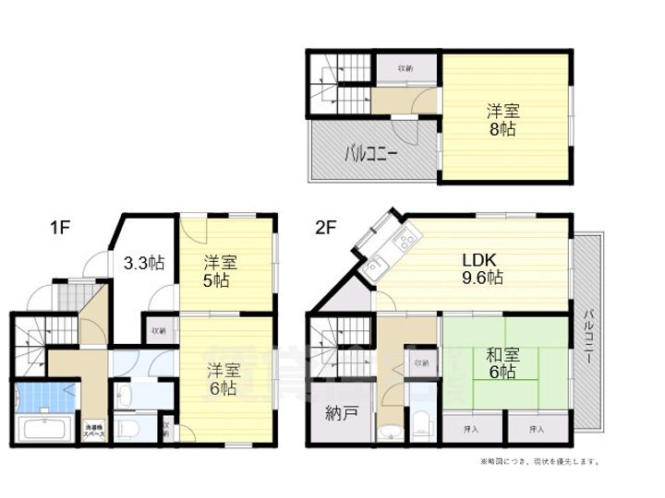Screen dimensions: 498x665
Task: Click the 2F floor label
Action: coord(324,225)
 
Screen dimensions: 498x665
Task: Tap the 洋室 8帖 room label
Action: coord(503,120)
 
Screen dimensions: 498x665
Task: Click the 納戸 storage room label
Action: coord(342,415)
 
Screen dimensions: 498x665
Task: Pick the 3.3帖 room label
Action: coord(143,263)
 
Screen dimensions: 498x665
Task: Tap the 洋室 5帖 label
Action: coord(219,271)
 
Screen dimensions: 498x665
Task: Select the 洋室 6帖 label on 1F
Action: coord(223,378)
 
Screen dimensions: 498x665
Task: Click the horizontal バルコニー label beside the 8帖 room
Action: coord(371,152)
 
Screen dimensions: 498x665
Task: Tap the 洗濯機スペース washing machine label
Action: coord(95,429)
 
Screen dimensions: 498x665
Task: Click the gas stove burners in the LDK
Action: coord(404,245)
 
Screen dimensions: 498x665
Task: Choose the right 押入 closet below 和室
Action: coord(536,430)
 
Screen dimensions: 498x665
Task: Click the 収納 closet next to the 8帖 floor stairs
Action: coord(405,68)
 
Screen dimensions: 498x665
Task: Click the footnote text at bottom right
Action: coord(539,460)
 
